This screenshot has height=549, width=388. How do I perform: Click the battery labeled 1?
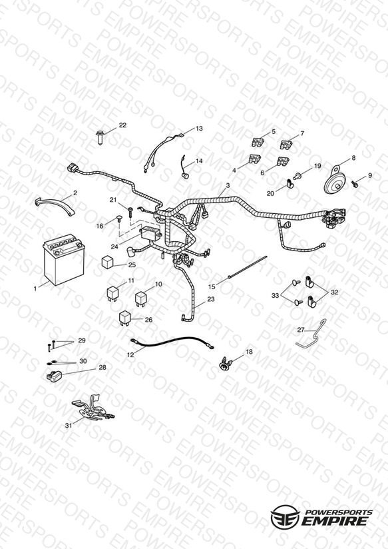click(64, 259)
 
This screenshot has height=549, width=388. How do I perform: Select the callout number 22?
click(122, 125)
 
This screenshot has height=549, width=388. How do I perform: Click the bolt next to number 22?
click(100, 138)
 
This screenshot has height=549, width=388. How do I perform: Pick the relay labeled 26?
click(125, 318)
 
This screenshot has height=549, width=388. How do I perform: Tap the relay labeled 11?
click(112, 293)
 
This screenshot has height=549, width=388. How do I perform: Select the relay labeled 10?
click(141, 298)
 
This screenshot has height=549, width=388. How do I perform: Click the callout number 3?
click(228, 186)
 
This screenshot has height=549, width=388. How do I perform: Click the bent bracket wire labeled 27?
click(312, 335)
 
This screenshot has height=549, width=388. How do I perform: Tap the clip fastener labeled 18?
click(224, 363)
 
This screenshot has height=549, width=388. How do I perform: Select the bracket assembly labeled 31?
click(92, 408)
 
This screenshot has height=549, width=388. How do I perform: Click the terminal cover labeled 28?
click(54, 376)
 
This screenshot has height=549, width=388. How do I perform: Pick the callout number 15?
click(212, 286)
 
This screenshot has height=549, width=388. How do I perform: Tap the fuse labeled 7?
click(286, 144)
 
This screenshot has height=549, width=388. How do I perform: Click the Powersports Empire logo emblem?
click(286, 516)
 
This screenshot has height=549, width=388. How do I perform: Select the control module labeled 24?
click(151, 232)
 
